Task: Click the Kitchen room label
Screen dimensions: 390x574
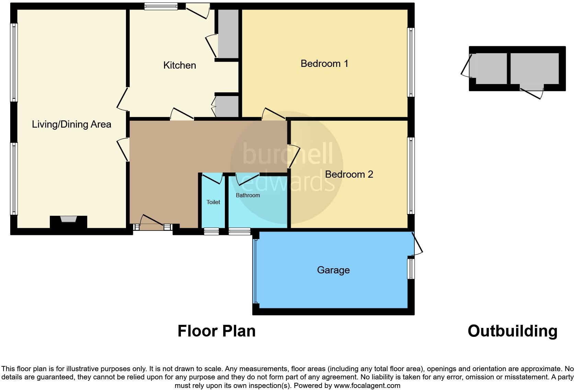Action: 180,65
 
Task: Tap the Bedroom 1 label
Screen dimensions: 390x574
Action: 324,63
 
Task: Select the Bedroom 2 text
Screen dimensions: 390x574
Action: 349,174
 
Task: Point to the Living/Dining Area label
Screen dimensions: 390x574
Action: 71,124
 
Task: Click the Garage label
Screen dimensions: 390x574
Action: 333,270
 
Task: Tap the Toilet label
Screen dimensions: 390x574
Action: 213,202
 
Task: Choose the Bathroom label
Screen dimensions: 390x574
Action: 248,195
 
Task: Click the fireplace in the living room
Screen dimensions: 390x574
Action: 68,220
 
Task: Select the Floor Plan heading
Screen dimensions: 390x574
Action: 216,331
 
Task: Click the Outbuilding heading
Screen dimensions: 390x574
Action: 512,331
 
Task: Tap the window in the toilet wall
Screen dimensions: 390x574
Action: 211,232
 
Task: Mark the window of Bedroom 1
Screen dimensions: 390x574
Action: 411,62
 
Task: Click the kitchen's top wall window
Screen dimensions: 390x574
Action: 161,6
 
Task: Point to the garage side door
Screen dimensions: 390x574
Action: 417,244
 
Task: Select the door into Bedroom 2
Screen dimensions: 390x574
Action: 294,156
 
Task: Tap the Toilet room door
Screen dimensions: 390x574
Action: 212,179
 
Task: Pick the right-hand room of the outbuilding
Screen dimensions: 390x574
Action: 534,69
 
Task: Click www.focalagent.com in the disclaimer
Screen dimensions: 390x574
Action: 367,385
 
